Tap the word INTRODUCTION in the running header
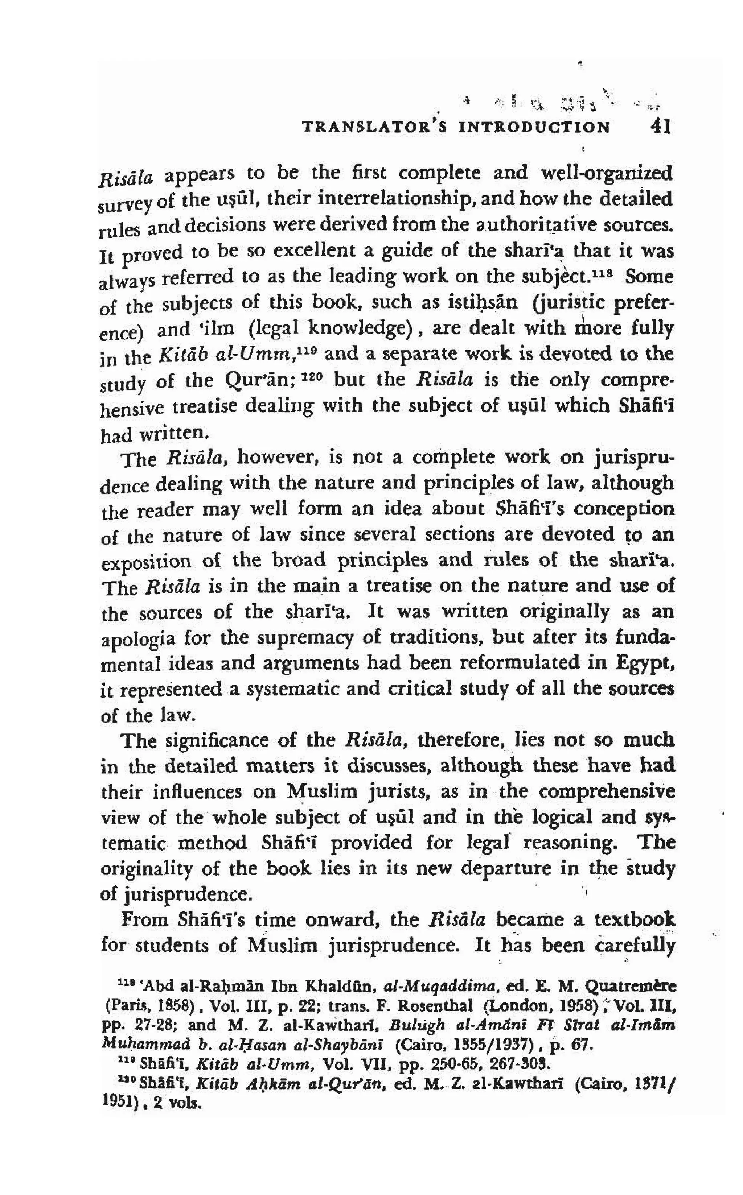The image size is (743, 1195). (x=534, y=128)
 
